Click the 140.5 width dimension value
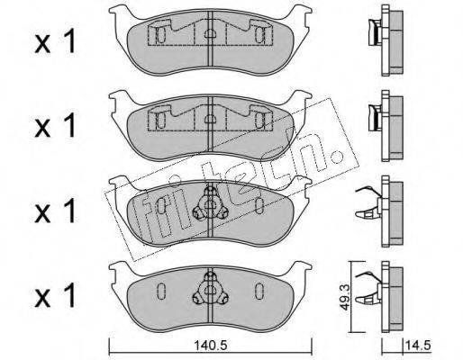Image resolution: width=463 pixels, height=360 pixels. click(x=210, y=346)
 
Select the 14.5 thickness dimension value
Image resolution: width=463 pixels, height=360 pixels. click(x=418, y=346)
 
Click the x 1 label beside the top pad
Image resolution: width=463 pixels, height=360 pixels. click(x=55, y=43)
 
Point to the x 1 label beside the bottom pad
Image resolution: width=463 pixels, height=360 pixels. click(x=55, y=296)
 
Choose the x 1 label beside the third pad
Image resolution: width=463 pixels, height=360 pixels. click(x=55, y=212)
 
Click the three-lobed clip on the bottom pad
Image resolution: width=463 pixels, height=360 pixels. click(x=210, y=289)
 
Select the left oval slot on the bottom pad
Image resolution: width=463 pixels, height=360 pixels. click(x=161, y=291)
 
